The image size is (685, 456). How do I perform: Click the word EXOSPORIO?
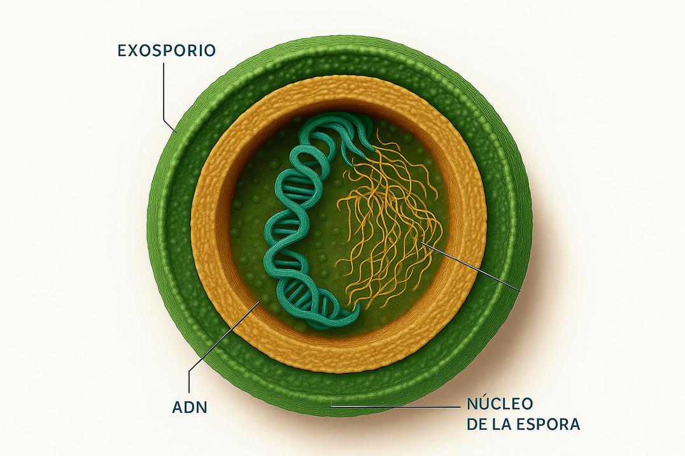[166, 50]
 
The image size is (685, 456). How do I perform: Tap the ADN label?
[189, 406]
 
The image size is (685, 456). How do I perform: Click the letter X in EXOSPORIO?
[136, 50]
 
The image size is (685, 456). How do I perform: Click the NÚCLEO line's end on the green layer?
[330, 405]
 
